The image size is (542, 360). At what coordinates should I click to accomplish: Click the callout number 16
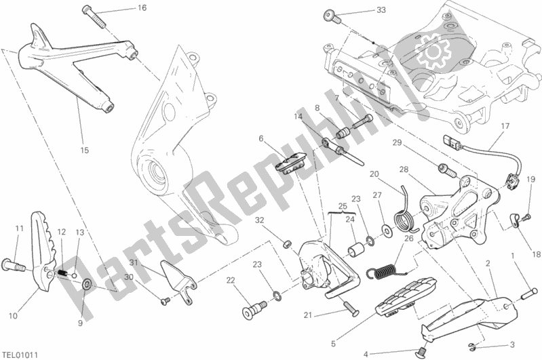pos(142,8)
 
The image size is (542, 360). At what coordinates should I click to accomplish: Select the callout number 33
pos(381,10)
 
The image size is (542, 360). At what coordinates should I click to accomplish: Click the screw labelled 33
pos(332,16)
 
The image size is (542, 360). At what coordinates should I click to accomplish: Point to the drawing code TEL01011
pos(20,355)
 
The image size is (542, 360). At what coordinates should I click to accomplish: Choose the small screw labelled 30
pos(165,301)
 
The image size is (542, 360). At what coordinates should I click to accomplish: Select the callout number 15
pos(84,150)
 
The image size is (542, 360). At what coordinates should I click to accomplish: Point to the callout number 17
pos(505,126)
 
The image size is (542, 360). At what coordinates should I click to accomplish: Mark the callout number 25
pos(342,207)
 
